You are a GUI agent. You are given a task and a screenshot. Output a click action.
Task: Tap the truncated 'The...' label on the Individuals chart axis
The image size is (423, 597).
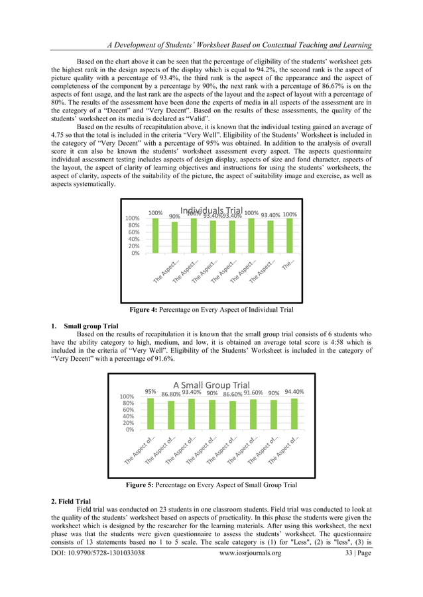[290, 264]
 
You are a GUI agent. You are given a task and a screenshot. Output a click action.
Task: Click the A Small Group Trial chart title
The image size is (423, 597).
[211, 385]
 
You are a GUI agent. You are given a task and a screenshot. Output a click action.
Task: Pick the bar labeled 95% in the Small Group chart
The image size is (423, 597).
[151, 412]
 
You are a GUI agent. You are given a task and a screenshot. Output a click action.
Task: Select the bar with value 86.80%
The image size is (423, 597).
[171, 414]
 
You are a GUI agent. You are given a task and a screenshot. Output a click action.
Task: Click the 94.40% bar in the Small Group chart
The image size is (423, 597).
[294, 412]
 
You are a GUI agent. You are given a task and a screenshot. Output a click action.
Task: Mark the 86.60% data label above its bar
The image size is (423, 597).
[232, 394]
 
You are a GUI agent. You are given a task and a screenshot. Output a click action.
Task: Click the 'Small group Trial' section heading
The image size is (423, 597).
[91, 326]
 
